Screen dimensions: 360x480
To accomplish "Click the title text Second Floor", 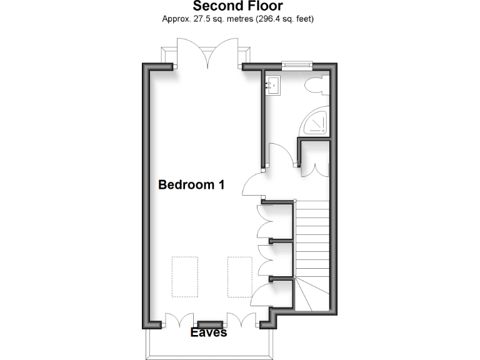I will (x=237, y=7).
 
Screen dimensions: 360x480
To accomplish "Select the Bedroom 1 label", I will (x=191, y=185).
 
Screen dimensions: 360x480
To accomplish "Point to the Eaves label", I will (x=209, y=333).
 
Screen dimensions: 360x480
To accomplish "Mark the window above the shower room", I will (x=296, y=62).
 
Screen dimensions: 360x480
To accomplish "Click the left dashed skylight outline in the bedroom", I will (x=185, y=276).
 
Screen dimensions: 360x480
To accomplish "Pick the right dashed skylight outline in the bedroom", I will (x=239, y=276).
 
